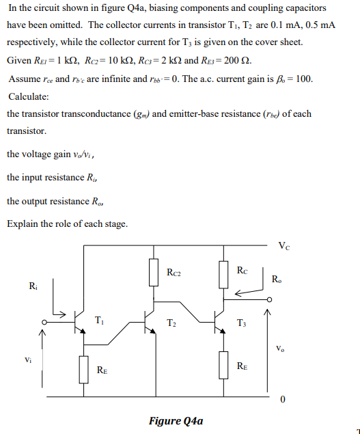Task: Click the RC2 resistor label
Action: (x=174, y=273)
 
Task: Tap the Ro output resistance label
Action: (x=275, y=279)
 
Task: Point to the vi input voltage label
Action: (x=27, y=358)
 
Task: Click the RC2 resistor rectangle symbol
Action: (x=153, y=272)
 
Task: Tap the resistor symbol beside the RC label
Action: (x=223, y=272)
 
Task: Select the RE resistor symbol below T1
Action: (x=83, y=369)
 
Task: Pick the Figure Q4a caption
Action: (x=176, y=420)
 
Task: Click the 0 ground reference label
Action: (x=281, y=400)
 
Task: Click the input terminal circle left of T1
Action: (x=45, y=323)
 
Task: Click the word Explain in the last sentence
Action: (x=23, y=224)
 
